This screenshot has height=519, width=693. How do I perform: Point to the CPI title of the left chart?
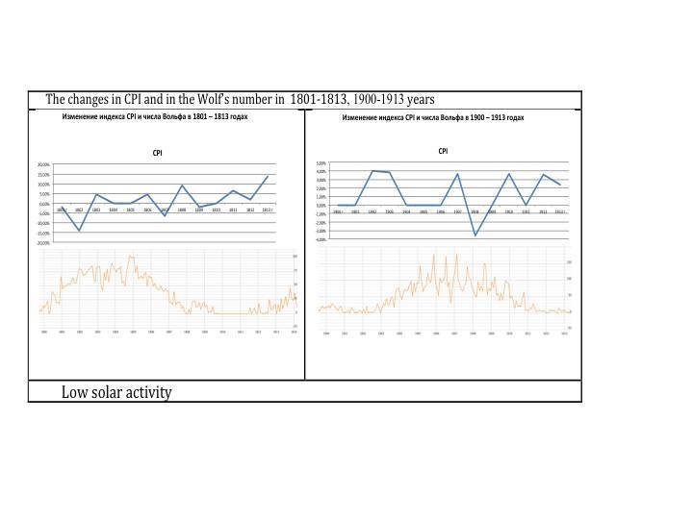[157, 153]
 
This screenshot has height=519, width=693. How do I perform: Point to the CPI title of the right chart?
[443, 151]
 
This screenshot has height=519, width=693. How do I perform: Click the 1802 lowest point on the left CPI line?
[79, 231]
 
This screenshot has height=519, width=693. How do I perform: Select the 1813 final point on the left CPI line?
[268, 176]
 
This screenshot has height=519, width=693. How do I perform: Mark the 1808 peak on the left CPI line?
[182, 185]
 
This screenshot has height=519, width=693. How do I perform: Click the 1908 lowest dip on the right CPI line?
[475, 235]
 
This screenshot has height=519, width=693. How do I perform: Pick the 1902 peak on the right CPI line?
[372, 171]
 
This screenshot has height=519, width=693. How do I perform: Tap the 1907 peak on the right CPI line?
[457, 174]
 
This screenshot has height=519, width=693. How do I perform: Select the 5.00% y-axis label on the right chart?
[321, 163]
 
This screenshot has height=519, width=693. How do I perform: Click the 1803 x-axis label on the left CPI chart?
[96, 210]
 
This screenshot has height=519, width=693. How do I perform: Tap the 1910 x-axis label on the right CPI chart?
[509, 211]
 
